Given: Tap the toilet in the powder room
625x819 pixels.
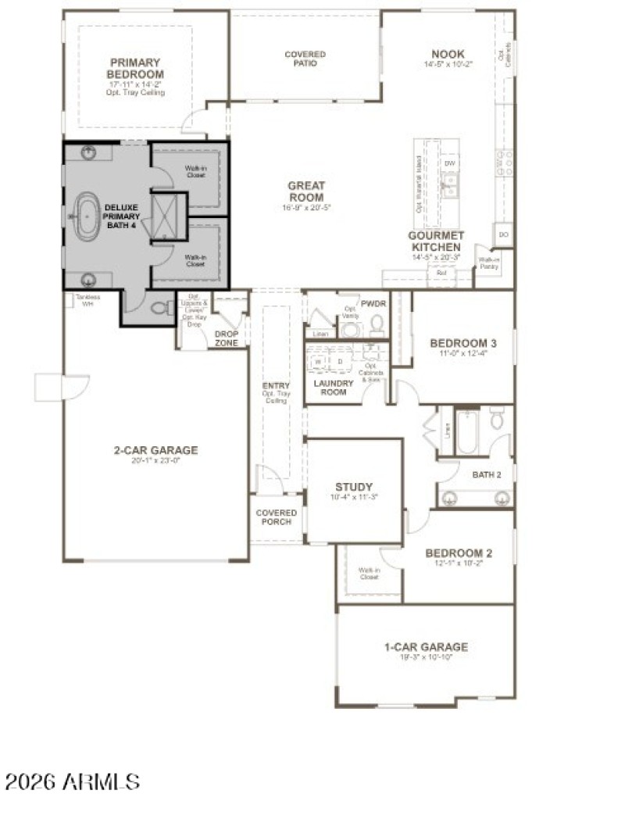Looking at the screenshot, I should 377,323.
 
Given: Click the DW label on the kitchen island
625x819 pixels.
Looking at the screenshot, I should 449,164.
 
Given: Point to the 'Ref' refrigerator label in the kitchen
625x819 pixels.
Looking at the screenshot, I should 441,274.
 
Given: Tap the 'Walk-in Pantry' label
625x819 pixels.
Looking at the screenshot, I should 489,263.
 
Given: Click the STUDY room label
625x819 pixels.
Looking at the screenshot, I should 353,486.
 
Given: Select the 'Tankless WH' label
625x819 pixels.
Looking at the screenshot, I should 87,300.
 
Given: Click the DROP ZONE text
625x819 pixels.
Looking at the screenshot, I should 227,338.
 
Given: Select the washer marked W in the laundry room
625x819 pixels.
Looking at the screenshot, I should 319,362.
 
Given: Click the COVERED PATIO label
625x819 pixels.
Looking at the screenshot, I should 305,59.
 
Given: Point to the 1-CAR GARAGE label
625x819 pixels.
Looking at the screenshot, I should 426,646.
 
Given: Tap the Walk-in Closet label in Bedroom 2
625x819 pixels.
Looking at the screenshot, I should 369,574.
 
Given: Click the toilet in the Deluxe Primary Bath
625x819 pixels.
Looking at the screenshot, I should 163,307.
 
